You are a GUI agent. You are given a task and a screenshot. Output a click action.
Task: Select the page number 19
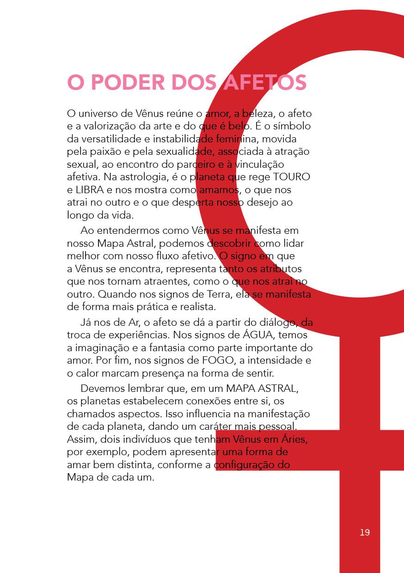[365, 532]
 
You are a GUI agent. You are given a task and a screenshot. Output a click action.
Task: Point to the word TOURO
[292, 177]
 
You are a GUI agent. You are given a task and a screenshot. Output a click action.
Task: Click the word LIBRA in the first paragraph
[88, 190]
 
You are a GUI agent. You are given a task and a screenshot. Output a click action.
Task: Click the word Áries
[293, 439]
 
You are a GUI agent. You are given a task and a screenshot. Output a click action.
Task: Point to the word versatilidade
[111, 139]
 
